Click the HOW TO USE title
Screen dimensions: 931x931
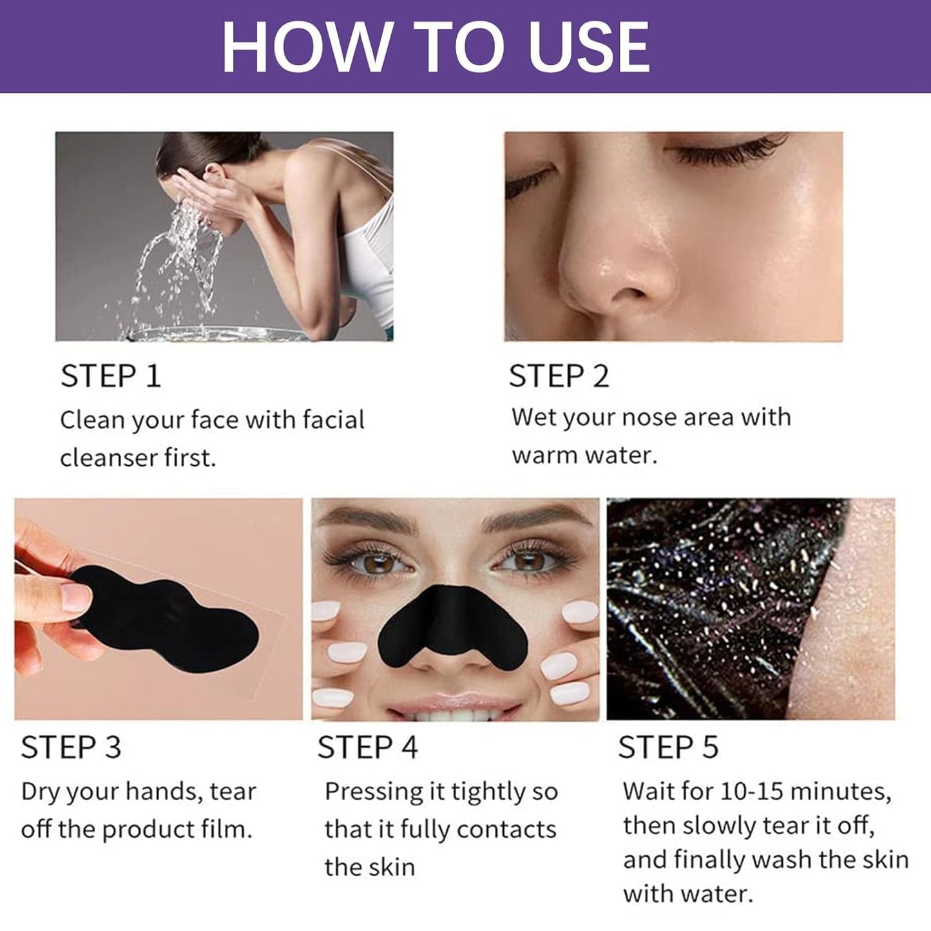click(436, 47)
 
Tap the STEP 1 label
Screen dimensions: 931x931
click(110, 376)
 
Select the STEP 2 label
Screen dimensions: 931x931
click(559, 376)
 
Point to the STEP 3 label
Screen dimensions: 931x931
click(71, 747)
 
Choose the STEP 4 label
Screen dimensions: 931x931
click(367, 747)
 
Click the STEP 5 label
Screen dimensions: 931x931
click(667, 747)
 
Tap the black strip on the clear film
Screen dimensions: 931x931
click(168, 612)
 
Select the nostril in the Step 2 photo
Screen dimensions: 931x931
click(628, 292)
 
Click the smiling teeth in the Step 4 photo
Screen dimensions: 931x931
click(454, 712)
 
